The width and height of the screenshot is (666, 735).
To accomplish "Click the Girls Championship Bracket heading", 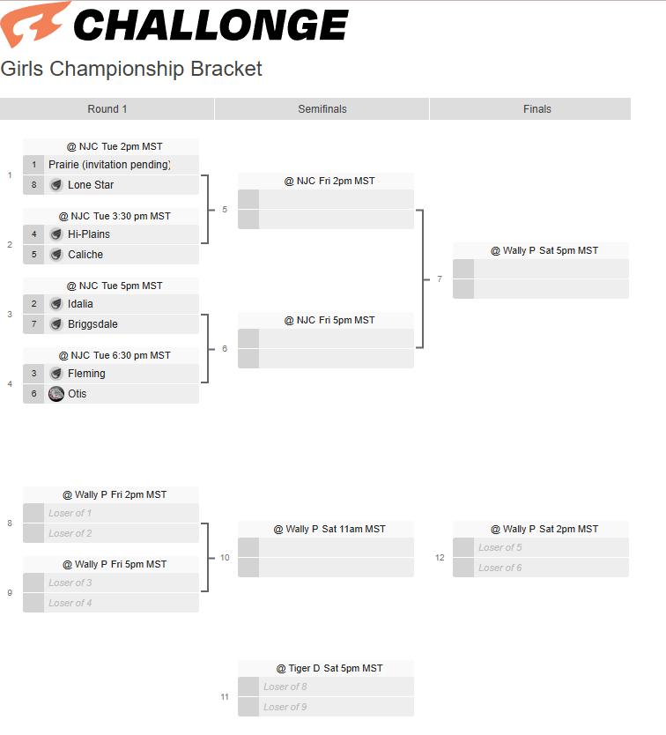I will (131, 69).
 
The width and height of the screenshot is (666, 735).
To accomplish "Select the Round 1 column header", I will (107, 109).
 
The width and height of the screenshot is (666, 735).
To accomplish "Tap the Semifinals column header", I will (322, 109).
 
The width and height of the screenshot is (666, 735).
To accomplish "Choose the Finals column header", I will (537, 109).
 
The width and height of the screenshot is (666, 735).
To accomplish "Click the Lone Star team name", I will (91, 185).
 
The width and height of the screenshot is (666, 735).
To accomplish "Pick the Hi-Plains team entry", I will (89, 234).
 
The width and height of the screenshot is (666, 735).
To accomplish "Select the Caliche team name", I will (85, 255).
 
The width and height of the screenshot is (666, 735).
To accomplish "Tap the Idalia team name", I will (80, 304).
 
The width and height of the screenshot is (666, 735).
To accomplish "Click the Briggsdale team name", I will (92, 324).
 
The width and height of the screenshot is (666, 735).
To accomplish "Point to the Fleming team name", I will (86, 374).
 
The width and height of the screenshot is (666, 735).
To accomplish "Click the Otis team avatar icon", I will (56, 394).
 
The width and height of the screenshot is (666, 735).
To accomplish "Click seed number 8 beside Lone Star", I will (33, 185).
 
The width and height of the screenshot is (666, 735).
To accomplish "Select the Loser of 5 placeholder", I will (500, 547).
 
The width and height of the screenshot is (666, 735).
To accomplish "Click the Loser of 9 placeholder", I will (285, 707).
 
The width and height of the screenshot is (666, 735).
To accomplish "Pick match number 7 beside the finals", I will (440, 279).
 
